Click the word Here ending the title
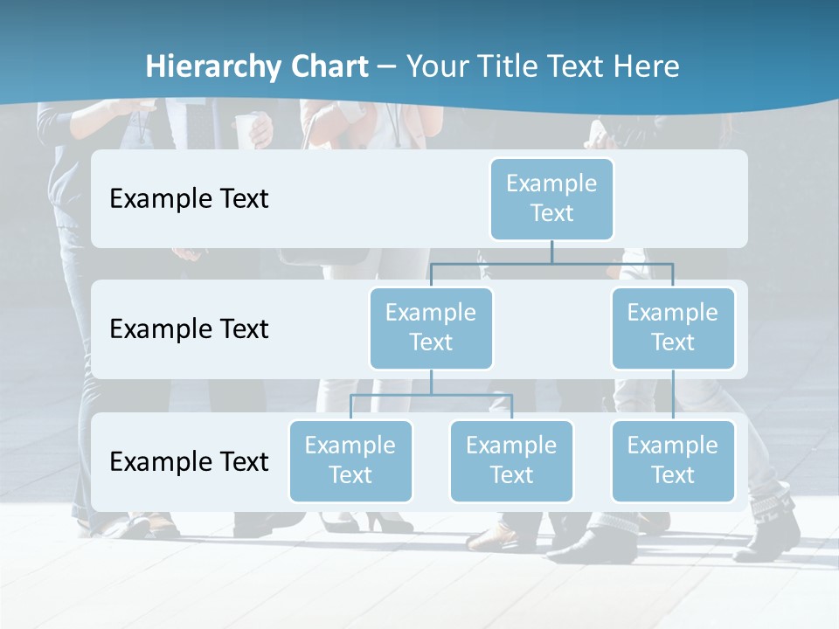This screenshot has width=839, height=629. point(646,67)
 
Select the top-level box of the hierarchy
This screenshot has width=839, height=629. point(551,198)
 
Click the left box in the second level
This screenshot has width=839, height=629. point(431,328)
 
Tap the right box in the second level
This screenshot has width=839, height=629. point(673,328)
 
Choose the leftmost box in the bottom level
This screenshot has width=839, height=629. point(350,460)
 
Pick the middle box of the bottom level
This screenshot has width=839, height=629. point(511,460)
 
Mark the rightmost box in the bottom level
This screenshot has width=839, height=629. point(673,460)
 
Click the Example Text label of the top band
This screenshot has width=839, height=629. point(189,199)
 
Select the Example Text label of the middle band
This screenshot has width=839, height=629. point(189,329)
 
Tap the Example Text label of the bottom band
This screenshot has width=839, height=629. point(189,461)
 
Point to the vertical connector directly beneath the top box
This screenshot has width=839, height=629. point(551,252)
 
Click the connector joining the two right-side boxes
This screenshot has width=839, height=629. point(673,395)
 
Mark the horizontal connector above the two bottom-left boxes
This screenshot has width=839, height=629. point(431,395)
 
